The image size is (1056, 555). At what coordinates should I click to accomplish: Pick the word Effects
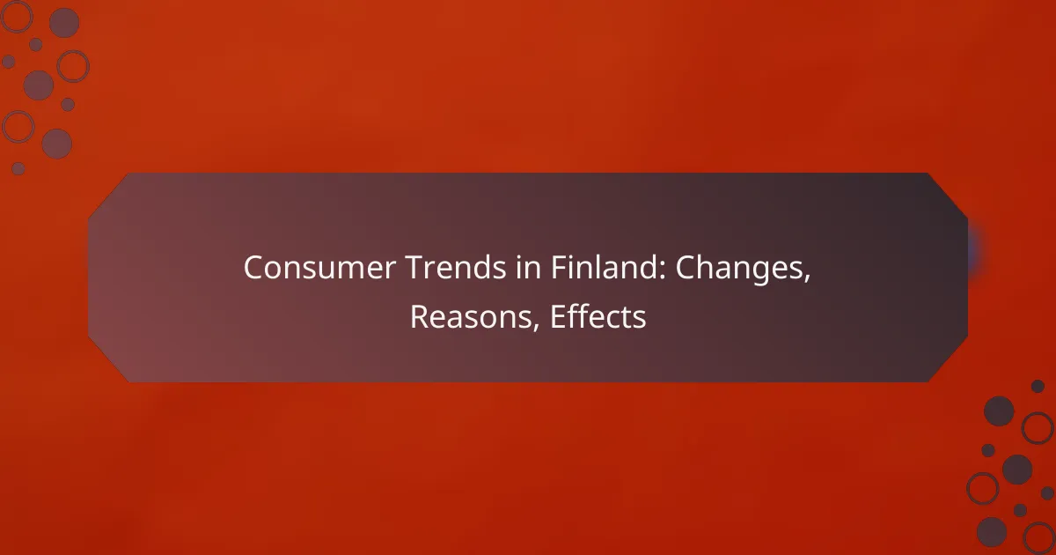[598, 318]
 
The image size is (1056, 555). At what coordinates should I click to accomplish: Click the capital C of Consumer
[254, 269]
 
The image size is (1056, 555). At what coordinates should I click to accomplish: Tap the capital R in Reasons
[419, 318]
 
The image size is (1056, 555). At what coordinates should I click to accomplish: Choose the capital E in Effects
[557, 318]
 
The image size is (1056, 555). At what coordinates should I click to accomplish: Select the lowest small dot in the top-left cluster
[18, 167]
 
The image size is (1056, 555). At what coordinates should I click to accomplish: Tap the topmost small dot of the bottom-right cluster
[1038, 386]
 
